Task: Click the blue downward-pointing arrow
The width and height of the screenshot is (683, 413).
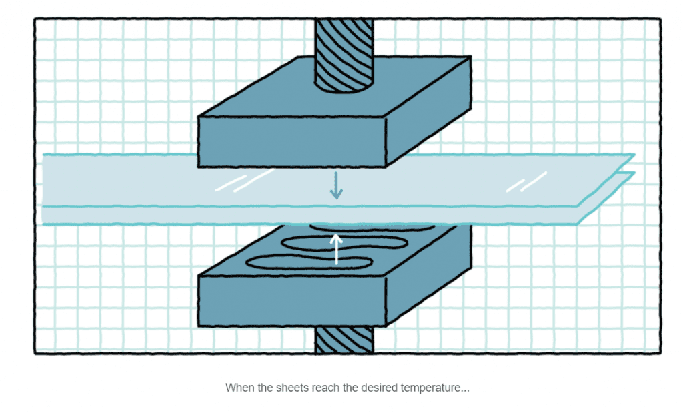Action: click(x=336, y=185)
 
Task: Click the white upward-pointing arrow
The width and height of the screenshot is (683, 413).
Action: click(x=337, y=248)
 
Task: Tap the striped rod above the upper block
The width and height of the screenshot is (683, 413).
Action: click(x=344, y=53)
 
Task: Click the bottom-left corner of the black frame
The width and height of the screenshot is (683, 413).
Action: click(x=35, y=353)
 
